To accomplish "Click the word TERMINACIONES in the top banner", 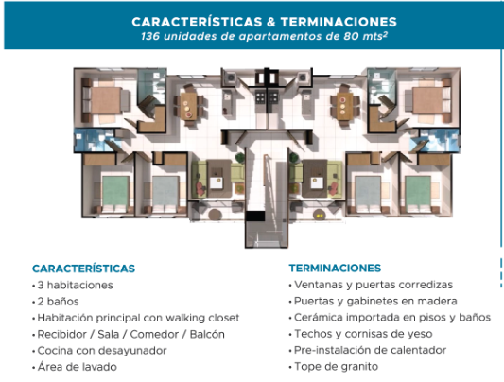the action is pos(339,22).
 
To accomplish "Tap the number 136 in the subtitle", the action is pos(150,36).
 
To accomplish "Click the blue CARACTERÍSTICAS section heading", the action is pos(83,269).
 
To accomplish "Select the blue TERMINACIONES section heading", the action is pos(335,268).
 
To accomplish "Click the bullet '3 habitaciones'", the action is pos(73,285).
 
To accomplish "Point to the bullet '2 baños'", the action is pos(56,302).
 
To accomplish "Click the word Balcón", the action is pos(207,334).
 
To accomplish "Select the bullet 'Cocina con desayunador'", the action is pos(99,351).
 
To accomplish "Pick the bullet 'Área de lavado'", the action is pos(75,367).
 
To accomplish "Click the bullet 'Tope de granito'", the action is pos(334,367).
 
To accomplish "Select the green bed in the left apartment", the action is pos(115,192).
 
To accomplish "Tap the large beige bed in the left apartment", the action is pos(106,100).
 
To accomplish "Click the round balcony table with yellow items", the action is pos(319,215).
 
